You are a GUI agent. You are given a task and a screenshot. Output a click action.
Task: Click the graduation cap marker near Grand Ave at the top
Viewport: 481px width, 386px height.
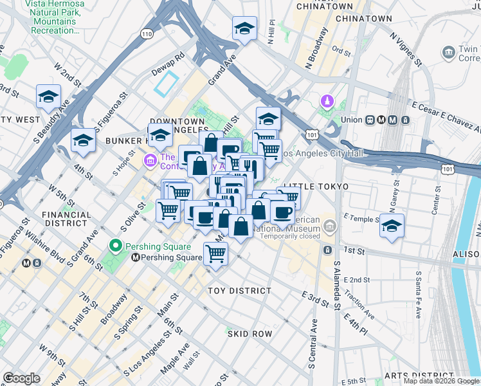pyautogui.click(x=244, y=29)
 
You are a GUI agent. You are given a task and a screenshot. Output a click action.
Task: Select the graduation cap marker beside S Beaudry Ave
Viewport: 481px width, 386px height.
pyautogui.click(x=48, y=97)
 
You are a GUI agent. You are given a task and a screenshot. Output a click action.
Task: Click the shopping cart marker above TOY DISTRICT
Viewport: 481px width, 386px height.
pyautogui.click(x=215, y=253)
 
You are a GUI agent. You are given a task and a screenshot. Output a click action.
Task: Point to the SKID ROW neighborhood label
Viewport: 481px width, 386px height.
pyautogui.click(x=250, y=334)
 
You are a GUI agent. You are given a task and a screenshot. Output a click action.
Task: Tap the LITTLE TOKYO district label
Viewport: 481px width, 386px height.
pyautogui.click(x=316, y=187)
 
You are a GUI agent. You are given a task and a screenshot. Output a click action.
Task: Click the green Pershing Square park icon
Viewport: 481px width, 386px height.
pyautogui.click(x=116, y=246)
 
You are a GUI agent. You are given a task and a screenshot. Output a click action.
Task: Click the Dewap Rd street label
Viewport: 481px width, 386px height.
pyautogui.click(x=168, y=56)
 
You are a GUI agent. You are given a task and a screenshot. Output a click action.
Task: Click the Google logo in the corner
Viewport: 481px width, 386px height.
pyautogui.click(x=21, y=378)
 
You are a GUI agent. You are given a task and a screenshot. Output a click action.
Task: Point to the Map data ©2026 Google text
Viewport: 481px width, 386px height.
pyautogui.click(x=441, y=381)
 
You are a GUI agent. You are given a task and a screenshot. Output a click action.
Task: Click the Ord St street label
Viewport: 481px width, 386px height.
pyautogui.click(x=340, y=50)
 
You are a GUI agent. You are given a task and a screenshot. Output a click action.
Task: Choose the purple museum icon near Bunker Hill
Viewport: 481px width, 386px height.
pyautogui.click(x=150, y=159)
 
